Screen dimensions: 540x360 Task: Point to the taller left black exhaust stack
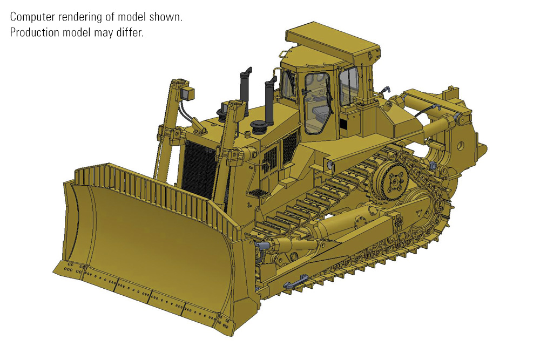(x=246, y=91)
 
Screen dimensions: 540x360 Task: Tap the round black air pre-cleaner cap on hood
(x=257, y=126)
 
